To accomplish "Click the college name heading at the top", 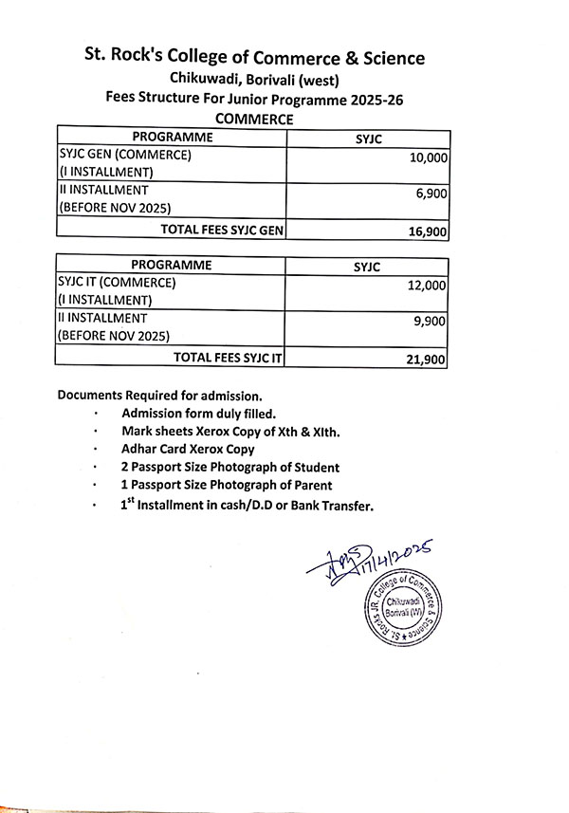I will pos(253,59).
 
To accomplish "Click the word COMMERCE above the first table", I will pos(254,119).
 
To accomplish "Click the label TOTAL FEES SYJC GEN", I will pos(223,229).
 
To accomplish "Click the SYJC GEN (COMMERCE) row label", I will pos(125,155).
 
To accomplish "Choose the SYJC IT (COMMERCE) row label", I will pos(118,282).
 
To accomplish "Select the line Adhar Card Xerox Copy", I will pos(188,450).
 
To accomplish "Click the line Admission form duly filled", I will pos(198,414).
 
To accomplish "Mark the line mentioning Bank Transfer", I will pos(247,506).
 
